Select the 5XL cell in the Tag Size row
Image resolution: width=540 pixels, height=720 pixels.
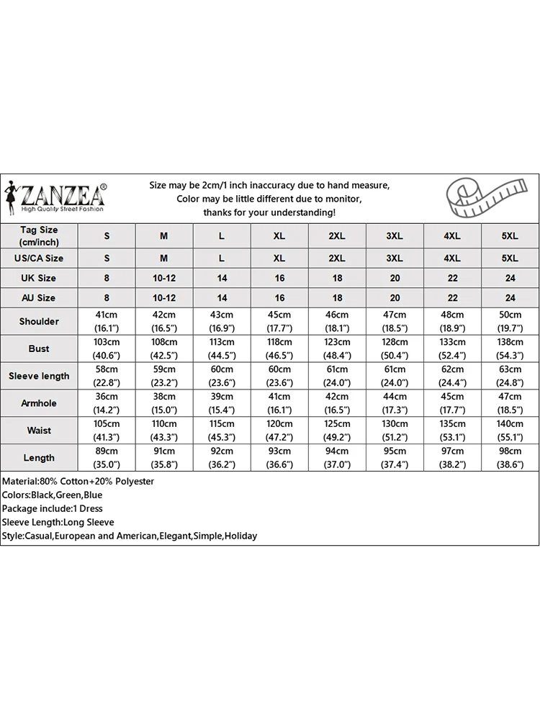coord(510,236)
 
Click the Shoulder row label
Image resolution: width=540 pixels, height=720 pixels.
coord(39,321)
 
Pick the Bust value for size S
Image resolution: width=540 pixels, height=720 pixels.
coord(107,348)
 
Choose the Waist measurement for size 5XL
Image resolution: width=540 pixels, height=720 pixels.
coord(510,431)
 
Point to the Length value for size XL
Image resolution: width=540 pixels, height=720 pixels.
coord(279,458)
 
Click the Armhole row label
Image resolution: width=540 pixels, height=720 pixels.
coord(39,403)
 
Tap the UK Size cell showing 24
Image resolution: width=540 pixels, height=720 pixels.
coord(510,278)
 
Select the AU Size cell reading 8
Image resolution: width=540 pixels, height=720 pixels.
coord(107,297)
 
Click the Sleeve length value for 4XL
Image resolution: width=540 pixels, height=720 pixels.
coord(452,376)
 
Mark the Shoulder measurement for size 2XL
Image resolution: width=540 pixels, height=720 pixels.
coord(337,321)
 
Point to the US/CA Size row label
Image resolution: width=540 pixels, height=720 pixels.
coord(39,258)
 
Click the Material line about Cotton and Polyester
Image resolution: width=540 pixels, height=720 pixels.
coord(78,481)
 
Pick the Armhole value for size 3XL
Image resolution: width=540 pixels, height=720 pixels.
coord(395,403)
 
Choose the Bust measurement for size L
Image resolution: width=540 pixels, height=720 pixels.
coord(222,348)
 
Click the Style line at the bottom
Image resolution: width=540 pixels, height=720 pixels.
coord(129,536)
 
